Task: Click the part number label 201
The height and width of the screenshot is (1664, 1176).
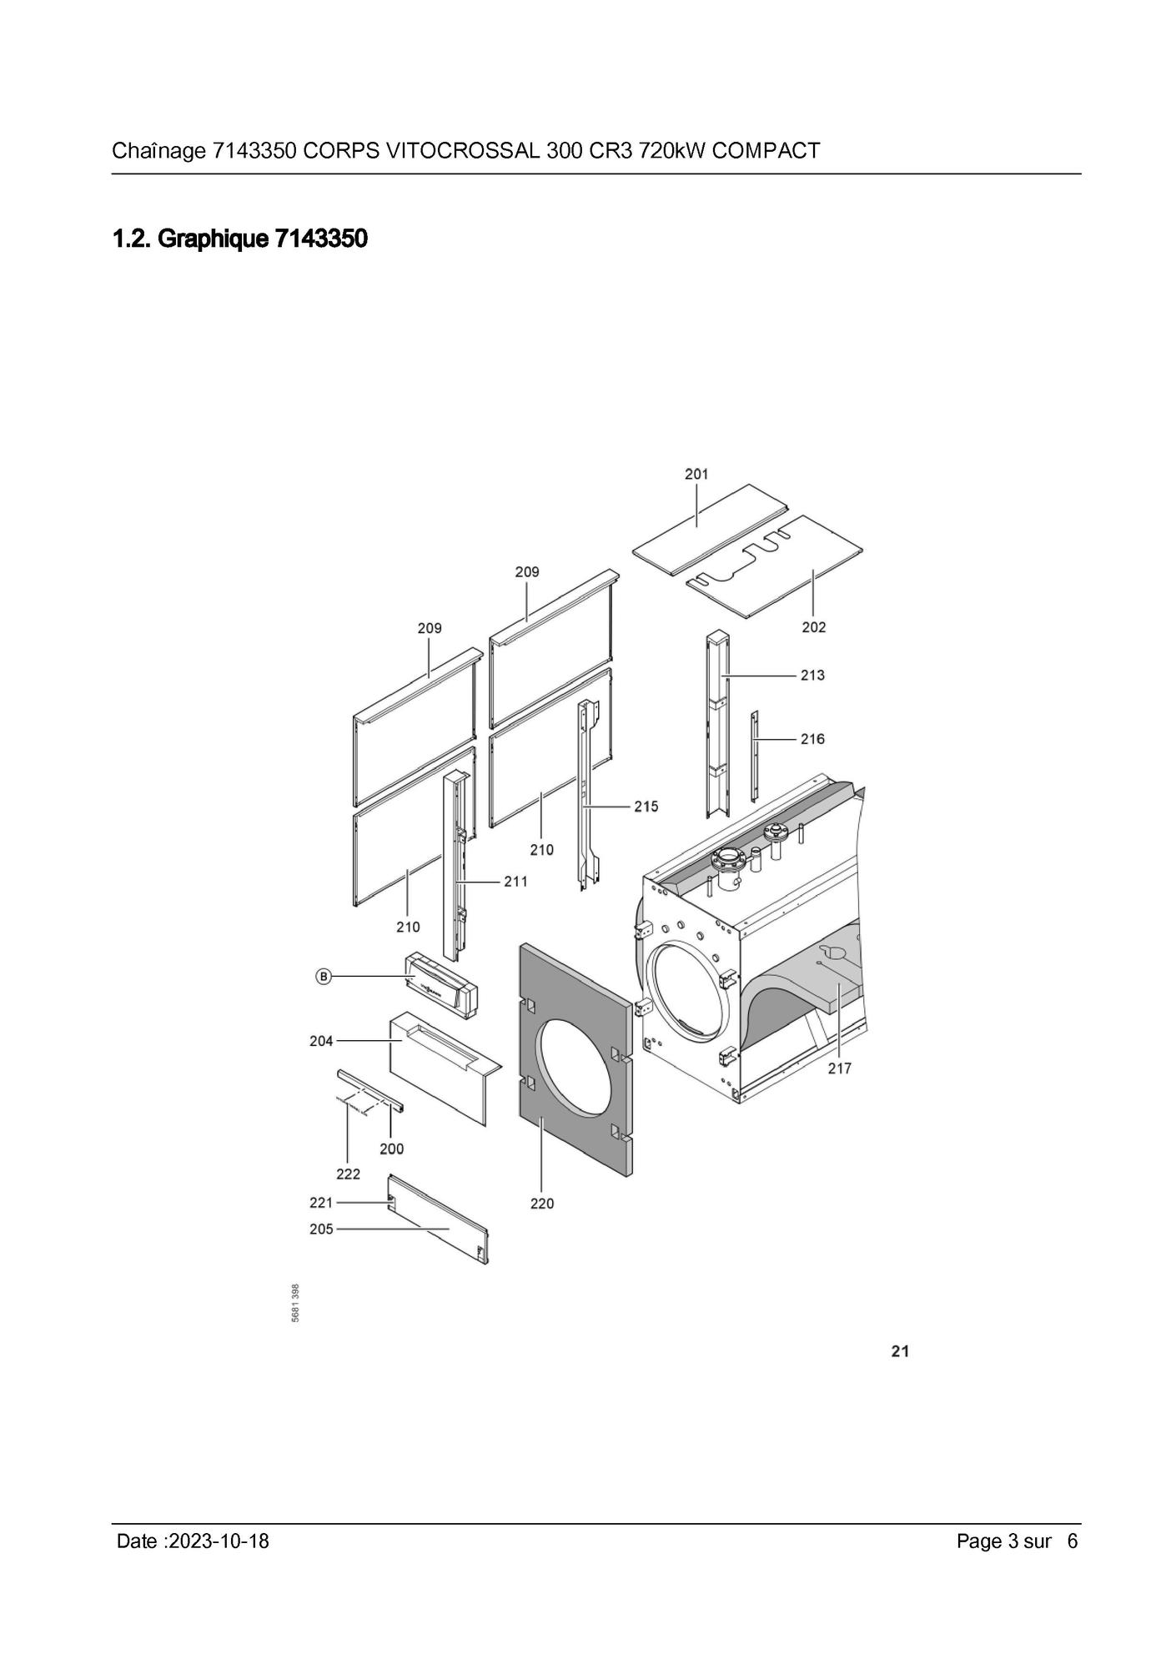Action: click(696, 474)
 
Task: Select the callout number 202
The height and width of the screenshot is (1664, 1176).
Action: click(813, 627)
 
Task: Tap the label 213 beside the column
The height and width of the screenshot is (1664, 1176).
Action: click(812, 675)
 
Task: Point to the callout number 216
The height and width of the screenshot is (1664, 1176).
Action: click(812, 739)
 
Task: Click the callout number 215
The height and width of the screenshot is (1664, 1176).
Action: click(646, 807)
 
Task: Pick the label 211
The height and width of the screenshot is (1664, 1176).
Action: click(515, 881)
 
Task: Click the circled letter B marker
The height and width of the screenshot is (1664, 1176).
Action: click(324, 976)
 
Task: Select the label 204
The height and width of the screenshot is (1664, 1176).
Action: click(321, 1041)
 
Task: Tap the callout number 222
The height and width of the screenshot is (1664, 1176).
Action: click(348, 1174)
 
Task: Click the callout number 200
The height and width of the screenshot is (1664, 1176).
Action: click(391, 1149)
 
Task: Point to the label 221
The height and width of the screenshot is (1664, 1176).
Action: click(321, 1203)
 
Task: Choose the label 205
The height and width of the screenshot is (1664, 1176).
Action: click(321, 1229)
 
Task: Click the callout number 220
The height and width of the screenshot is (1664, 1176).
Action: click(541, 1204)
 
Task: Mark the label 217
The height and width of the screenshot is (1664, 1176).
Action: click(839, 1068)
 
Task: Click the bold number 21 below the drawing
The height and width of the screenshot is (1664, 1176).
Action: click(899, 1352)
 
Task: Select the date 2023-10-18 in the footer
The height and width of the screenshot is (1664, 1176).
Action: click(219, 1541)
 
